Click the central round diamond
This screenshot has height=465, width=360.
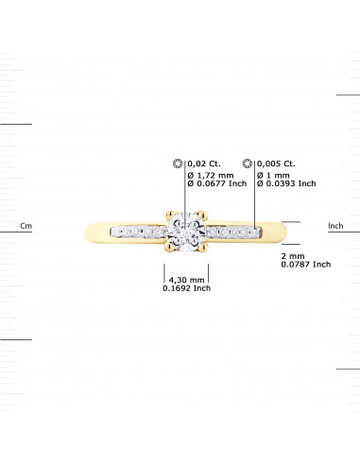coord(180,232)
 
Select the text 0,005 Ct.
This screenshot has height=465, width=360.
coord(276,163)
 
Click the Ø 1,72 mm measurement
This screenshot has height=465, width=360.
coord(210,173)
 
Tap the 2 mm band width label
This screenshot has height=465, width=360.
coord(293,255)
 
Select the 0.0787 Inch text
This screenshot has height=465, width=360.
coord(305,265)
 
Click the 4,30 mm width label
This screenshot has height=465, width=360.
coord(185,280)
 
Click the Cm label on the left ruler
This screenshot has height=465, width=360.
coord(26,226)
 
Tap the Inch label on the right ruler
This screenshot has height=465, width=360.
coord(335,226)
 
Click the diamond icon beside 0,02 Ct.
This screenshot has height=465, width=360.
coord(178,163)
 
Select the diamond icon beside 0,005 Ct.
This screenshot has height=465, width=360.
coord(249,163)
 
